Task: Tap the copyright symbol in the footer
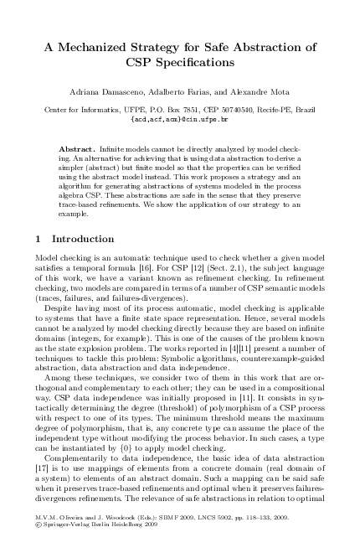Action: click(41, 535)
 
